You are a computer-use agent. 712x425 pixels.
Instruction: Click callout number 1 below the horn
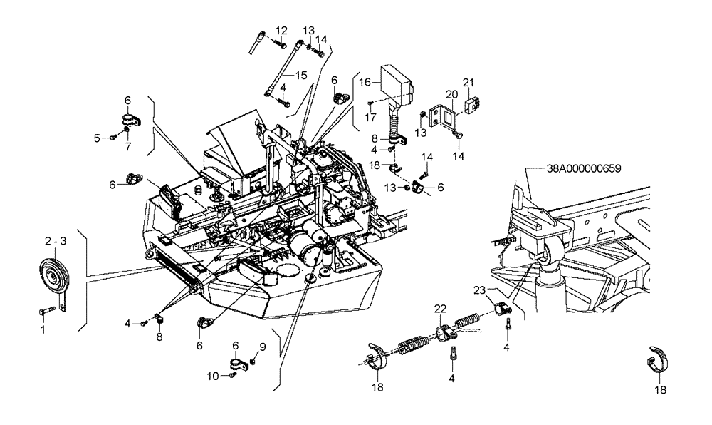pos(42,330)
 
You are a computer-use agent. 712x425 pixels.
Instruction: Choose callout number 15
pos(300,75)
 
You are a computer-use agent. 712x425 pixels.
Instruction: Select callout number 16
pos(364,83)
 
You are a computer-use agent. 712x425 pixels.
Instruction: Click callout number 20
pos(451,94)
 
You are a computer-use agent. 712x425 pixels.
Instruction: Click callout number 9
pos(263,347)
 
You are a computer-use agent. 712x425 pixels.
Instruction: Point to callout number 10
pos(211,375)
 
